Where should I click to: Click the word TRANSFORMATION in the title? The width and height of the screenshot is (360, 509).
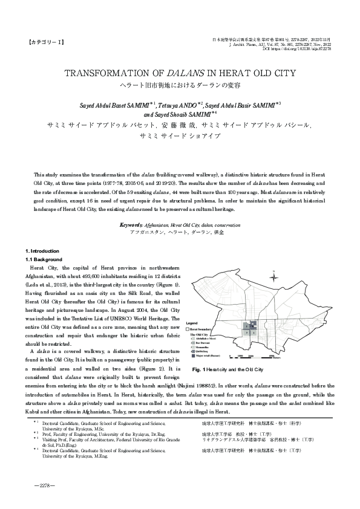tap(106, 74)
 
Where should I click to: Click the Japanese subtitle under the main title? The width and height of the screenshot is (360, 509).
tap(180, 85)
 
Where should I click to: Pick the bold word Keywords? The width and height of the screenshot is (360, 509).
tap(131, 224)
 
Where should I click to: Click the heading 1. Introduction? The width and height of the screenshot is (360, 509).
tap(42, 250)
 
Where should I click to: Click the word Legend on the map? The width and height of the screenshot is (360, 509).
tap(192, 323)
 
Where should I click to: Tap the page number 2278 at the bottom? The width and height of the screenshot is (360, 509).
tap(46, 485)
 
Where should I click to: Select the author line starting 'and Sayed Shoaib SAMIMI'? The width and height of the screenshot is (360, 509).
tap(180, 112)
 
